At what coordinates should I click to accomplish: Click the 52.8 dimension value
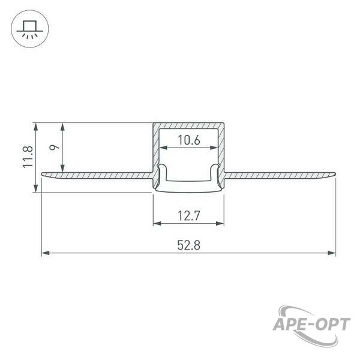tap(188, 245)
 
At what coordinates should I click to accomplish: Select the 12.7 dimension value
tap(189, 215)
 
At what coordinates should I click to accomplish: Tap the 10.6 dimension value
tap(189, 140)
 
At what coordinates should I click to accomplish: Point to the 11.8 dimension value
tap(28, 157)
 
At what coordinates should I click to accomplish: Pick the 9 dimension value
tap(54, 147)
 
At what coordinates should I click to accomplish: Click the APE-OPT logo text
tap(311, 325)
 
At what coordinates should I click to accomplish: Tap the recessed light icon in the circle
tap(29, 29)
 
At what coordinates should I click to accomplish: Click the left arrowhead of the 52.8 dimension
tap(46, 253)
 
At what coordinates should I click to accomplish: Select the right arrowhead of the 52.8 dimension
tap(332, 253)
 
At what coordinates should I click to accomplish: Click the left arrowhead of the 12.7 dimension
tap(157, 223)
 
